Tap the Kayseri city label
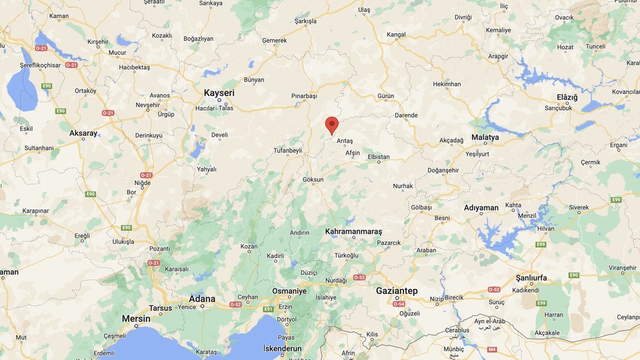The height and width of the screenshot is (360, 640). pyautogui.click(x=219, y=93)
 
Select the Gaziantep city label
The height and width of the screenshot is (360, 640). pyautogui.click(x=397, y=291)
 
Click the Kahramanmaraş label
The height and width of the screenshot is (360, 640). pyautogui.click(x=353, y=231)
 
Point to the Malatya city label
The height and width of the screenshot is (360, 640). pyautogui.click(x=485, y=137)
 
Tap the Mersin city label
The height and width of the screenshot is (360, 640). pyautogui.click(x=136, y=319)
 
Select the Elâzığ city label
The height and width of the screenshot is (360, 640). pyautogui.click(x=567, y=97)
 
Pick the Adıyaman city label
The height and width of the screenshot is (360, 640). pyautogui.click(x=481, y=208)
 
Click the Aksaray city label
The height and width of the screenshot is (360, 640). pyautogui.click(x=84, y=133)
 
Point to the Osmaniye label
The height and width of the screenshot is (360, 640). pyautogui.click(x=289, y=291)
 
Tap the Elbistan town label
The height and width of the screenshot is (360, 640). pyautogui.click(x=379, y=157)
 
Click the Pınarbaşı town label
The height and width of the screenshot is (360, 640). pyautogui.click(x=304, y=96)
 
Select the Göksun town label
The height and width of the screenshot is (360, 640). pyautogui.click(x=313, y=180)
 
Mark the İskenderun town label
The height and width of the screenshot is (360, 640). pyautogui.click(x=283, y=349)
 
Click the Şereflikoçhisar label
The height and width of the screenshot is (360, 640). pyautogui.click(x=31, y=65)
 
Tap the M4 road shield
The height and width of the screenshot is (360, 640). pyautogui.click(x=492, y=349)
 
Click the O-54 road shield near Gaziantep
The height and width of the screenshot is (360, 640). pyautogui.click(x=399, y=304)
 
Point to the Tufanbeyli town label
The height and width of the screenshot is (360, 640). pyautogui.click(x=287, y=151)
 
